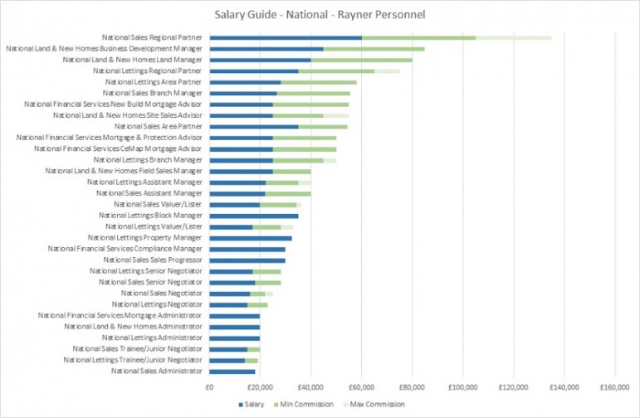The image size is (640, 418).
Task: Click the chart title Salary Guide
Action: tap(320, 13)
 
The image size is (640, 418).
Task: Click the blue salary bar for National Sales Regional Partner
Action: tap(286, 37)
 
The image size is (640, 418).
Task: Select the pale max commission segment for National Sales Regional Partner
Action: tap(514, 37)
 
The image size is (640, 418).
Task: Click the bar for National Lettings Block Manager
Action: tap(254, 216)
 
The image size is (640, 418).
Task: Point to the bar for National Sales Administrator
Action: tap(232, 372)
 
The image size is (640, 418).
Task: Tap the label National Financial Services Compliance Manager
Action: tap(125, 249)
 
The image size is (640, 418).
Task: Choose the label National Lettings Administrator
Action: tap(152, 338)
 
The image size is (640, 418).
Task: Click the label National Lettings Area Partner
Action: tap(154, 82)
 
